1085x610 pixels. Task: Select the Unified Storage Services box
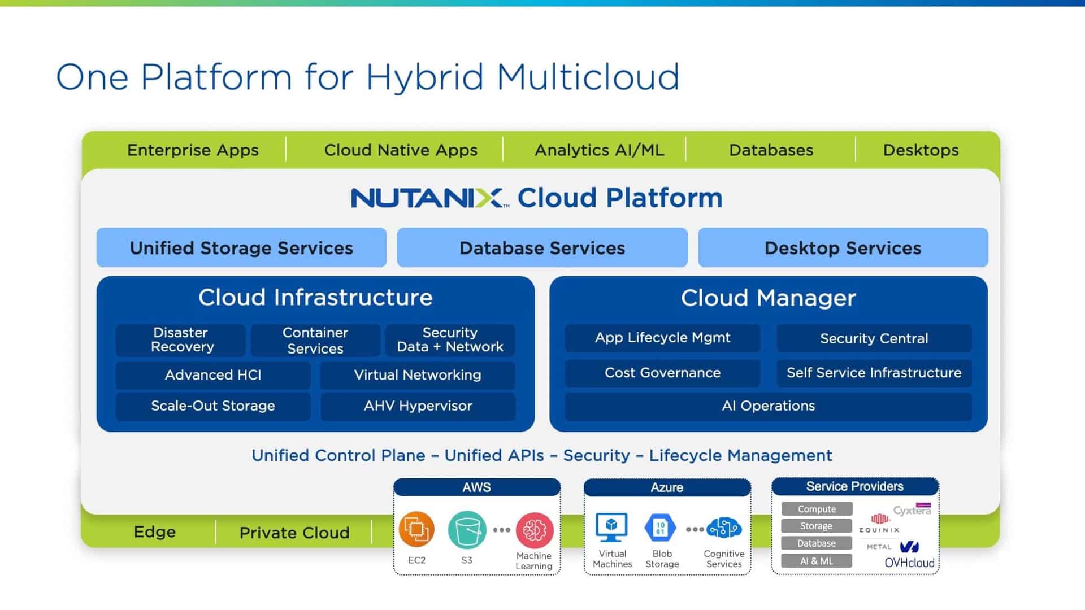[x=241, y=248]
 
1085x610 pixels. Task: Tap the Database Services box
[x=542, y=248]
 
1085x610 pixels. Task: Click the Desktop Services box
[x=843, y=248]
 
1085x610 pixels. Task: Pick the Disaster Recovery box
[x=181, y=340]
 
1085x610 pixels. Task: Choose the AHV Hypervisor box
[x=418, y=406]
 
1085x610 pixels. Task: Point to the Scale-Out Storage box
[x=213, y=406]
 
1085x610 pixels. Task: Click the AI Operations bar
[x=768, y=406]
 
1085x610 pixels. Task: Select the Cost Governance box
[x=662, y=373]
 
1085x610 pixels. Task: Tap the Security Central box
[x=874, y=338]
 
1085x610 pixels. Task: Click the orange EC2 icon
[x=416, y=529]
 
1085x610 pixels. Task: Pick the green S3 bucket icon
[x=467, y=529]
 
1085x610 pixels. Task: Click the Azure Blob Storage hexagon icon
[x=660, y=528]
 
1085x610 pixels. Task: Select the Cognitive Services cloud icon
[x=724, y=528]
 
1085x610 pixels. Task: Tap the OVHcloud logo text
[x=909, y=563]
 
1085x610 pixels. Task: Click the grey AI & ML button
[x=817, y=561]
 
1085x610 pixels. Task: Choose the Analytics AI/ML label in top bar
[x=599, y=150]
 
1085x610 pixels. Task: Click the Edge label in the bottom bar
[x=154, y=532]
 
